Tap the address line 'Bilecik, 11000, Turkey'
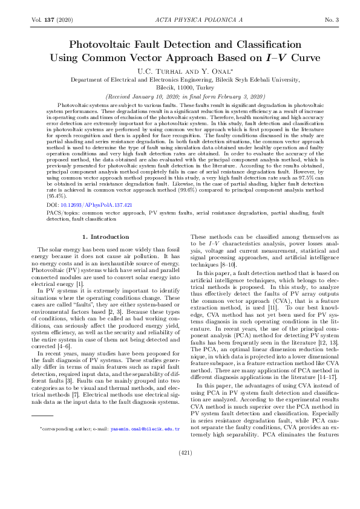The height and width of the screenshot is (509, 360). pos(180,86)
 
